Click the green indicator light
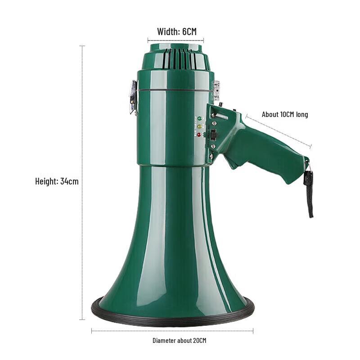[x=199, y=118]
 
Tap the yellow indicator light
[x=199, y=126]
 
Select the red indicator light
[x=199, y=135]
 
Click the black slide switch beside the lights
[x=214, y=134]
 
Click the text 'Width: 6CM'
[x=177, y=32]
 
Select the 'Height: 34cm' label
[x=57, y=182]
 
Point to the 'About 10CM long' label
[x=285, y=115]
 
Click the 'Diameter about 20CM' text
[x=179, y=341]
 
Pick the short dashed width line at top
[x=175, y=40]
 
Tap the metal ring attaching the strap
[x=307, y=167]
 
